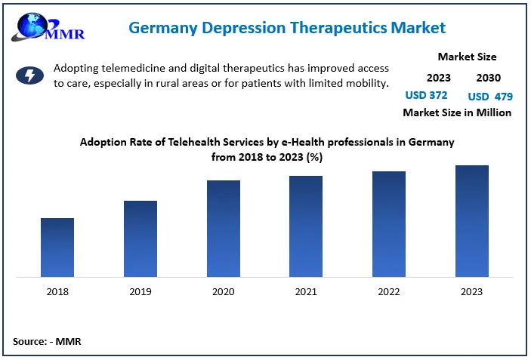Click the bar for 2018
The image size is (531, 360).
click(x=57, y=247)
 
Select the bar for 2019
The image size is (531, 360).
click(x=140, y=238)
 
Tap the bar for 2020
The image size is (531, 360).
click(x=224, y=228)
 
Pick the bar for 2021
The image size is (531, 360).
click(x=306, y=226)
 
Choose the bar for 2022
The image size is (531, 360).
click(x=389, y=223)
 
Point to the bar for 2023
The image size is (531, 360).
click(x=472, y=220)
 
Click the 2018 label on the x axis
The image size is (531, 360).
click(x=57, y=292)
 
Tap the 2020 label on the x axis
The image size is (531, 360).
click(x=224, y=292)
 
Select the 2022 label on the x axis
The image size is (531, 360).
click(x=389, y=292)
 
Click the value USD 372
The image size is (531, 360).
click(x=427, y=95)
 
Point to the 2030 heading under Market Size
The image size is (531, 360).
click(x=488, y=77)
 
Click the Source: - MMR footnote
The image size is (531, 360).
click(x=47, y=342)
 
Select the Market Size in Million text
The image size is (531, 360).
click(x=457, y=112)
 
